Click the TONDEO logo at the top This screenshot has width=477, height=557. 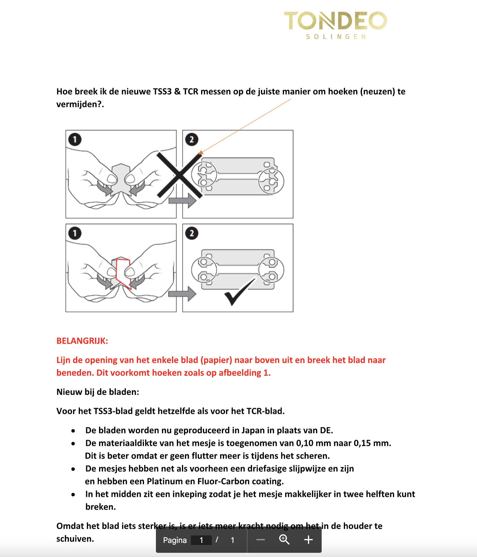tap(335, 21)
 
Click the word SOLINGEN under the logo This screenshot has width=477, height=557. tap(336, 37)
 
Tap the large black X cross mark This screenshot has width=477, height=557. tap(180, 175)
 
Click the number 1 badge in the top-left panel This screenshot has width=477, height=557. tap(75, 139)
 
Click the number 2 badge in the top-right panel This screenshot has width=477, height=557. tap(192, 139)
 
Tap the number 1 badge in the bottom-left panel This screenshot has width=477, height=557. tap(75, 233)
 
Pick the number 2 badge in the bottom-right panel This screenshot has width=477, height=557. tap(192, 233)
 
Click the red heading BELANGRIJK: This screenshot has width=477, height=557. tap(82, 341)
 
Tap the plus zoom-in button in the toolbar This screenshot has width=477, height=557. tap(308, 540)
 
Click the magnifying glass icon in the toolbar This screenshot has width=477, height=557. tap(284, 540)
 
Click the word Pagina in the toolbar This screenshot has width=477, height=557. tap(175, 540)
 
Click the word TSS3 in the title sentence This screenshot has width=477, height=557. tap(162, 91)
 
